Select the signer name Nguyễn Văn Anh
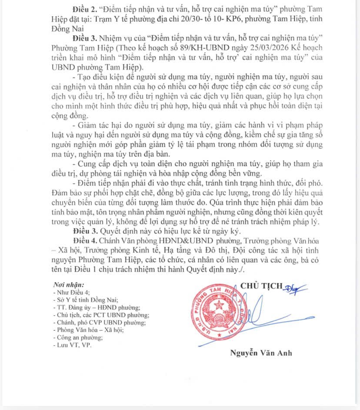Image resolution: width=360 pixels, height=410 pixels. coord(261,353)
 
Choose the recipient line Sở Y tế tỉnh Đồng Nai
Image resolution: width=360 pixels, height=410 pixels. coord(84,300)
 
